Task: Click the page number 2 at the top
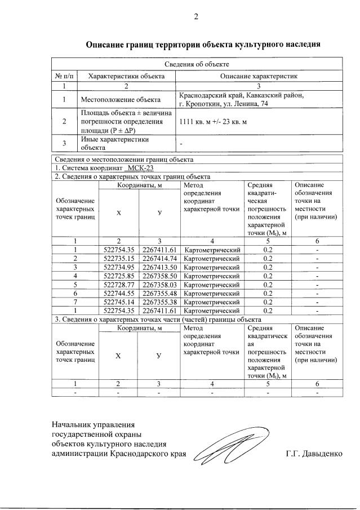pyautogui.click(x=196, y=16)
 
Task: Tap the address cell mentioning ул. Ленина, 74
pyautogui.click(x=242, y=100)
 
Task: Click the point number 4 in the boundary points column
pyautogui.click(x=75, y=276)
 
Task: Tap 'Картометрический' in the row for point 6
pyautogui.click(x=212, y=293)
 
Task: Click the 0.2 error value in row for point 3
pyautogui.click(x=268, y=267)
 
